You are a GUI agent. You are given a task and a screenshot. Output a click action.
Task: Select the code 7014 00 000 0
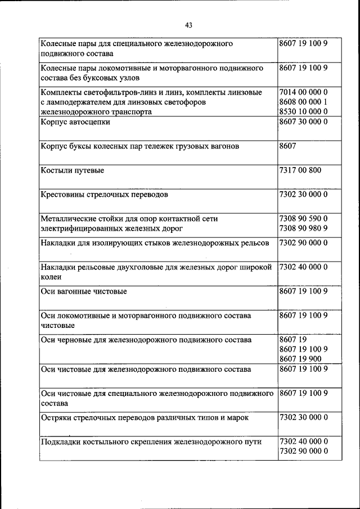tap(303, 92)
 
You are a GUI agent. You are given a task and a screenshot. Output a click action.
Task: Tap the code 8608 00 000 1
tap(303, 102)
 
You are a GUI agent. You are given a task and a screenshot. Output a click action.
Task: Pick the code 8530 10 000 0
tap(303, 112)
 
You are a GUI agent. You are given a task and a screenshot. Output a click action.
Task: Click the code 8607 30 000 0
tap(303, 122)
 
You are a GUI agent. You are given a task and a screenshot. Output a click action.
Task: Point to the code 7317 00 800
tap(300, 170)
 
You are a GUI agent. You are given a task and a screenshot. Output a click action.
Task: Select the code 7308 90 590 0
tap(303, 218)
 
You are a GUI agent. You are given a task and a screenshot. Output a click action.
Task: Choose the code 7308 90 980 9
tap(303, 228)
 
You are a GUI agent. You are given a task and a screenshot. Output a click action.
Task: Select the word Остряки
tap(57, 418)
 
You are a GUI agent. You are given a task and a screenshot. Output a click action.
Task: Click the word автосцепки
tap(89, 122)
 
